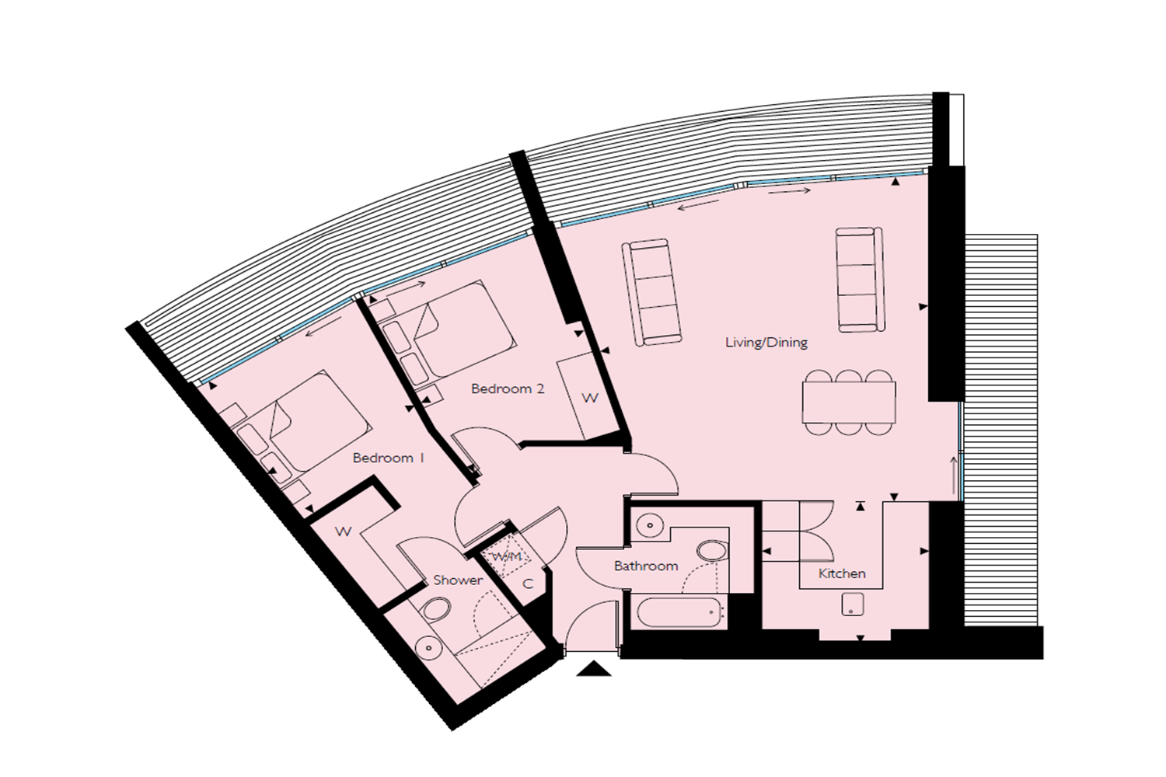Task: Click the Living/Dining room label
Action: (x=766, y=342)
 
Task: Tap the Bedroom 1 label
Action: (x=388, y=458)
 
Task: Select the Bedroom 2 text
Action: (x=508, y=388)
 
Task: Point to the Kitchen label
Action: (x=842, y=573)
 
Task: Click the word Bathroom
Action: (x=646, y=566)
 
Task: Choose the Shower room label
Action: (x=458, y=580)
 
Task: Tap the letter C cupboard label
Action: (x=528, y=584)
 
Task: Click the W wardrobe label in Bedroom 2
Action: (x=590, y=398)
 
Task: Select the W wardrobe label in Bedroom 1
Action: (x=343, y=531)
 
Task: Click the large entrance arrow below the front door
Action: (x=594, y=668)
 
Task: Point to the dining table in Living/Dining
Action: (x=848, y=402)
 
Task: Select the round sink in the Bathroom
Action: (x=648, y=526)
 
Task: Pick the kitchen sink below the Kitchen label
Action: (x=853, y=605)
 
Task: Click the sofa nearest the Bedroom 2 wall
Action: (x=651, y=291)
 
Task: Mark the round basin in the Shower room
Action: (x=428, y=646)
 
